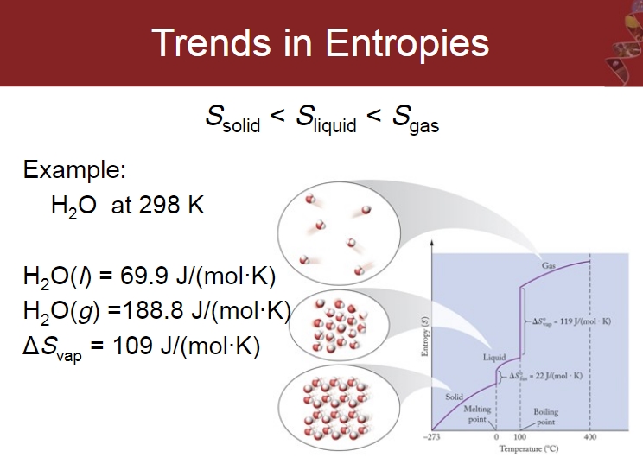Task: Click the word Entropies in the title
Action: [407, 44]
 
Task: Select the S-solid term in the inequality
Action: [233, 118]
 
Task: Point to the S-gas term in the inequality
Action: [416, 118]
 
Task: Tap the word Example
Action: [74, 169]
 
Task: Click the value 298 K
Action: [171, 205]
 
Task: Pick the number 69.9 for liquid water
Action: [144, 276]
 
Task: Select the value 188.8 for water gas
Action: [153, 310]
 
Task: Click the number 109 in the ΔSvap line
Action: [132, 345]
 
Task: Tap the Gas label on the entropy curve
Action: [549, 265]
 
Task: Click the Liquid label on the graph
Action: [494, 358]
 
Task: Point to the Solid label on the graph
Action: [454, 397]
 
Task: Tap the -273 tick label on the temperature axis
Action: [432, 437]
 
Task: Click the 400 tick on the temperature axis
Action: [590, 437]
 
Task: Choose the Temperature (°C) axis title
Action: [529, 448]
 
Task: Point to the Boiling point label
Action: [546, 416]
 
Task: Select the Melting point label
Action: [477, 414]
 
